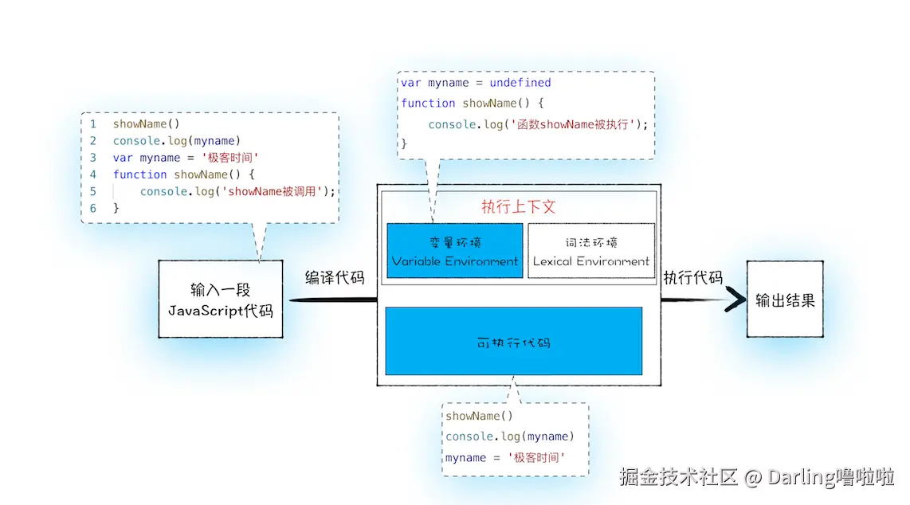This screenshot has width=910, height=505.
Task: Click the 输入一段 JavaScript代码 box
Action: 221,299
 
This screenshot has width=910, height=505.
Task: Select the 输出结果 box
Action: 785,299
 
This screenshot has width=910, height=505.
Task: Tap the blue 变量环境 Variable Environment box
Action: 455,251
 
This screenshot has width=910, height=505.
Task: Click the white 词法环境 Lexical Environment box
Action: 591,251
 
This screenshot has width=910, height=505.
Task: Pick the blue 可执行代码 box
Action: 514,342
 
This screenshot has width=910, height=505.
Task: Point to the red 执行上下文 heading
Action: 518,207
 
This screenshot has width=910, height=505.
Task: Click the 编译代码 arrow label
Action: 335,278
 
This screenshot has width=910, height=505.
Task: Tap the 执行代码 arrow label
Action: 693,278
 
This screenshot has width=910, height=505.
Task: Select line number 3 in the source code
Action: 93,158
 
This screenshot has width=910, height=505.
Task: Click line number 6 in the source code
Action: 93,208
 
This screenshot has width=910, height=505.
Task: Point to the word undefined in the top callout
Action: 520,82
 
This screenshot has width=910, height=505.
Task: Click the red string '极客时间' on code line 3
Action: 229,158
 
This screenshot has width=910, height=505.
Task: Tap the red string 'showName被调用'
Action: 273,191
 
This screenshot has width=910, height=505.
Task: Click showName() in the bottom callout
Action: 480,416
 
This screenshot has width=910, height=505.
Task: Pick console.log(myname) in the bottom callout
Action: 509,436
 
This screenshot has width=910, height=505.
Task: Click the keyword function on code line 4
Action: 140,174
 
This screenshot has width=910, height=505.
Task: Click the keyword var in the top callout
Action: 411,83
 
